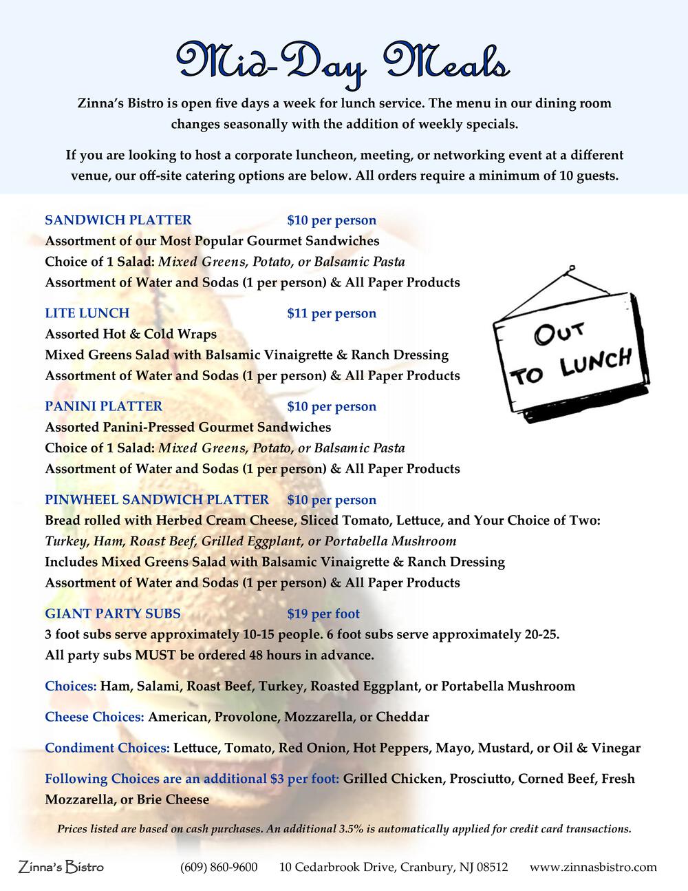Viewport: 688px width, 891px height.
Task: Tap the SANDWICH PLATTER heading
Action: pyautogui.click(x=118, y=220)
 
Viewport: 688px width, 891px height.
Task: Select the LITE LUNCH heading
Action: pyautogui.click(x=87, y=313)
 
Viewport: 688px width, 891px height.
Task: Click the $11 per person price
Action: pyautogui.click(x=332, y=313)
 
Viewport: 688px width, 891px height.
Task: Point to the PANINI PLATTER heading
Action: pyautogui.click(x=103, y=406)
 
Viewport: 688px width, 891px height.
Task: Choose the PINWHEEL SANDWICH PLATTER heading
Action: pyautogui.click(x=157, y=500)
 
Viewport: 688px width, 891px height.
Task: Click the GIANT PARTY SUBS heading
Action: pyautogui.click(x=113, y=614)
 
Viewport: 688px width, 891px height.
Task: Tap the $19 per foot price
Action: pyautogui.click(x=323, y=614)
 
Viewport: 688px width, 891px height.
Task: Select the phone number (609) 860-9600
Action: pyautogui.click(x=219, y=867)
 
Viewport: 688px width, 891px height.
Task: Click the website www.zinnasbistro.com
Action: pyautogui.click(x=593, y=867)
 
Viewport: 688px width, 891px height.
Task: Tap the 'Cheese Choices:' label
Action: pyautogui.click(x=94, y=717)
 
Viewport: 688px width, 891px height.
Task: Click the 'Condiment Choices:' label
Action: pyautogui.click(x=107, y=748)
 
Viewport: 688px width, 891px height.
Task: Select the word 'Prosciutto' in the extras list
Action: pyautogui.click(x=479, y=779)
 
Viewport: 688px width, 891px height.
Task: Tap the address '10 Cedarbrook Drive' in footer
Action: pyautogui.click(x=337, y=867)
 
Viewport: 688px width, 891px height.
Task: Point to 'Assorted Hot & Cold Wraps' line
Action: pyautogui.click(x=131, y=334)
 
